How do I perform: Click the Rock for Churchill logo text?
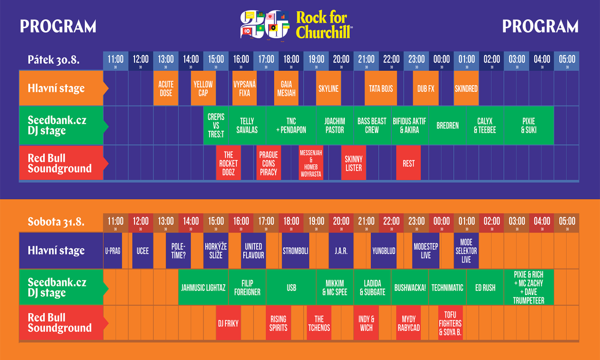pos(322,25)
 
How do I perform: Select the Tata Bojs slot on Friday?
pos(381,89)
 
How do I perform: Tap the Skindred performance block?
pos(466,89)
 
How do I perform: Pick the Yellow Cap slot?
pos(203,89)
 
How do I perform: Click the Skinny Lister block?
pos(353,163)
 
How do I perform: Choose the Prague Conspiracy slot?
pos(269,163)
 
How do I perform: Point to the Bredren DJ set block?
pos(447,126)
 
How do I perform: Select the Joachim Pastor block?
pos(335,126)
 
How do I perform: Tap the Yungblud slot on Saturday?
pos(383,251)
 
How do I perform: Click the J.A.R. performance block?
pos(341,251)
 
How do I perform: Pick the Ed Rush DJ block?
pos(485,288)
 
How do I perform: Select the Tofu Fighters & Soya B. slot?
pos(450,323)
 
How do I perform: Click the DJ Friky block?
pos(228,323)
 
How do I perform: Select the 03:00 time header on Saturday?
pos(517,221)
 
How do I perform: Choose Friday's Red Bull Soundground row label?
pos(60,163)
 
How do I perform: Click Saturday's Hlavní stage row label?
pos(56,251)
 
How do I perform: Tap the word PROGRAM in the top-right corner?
pos(540,27)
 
